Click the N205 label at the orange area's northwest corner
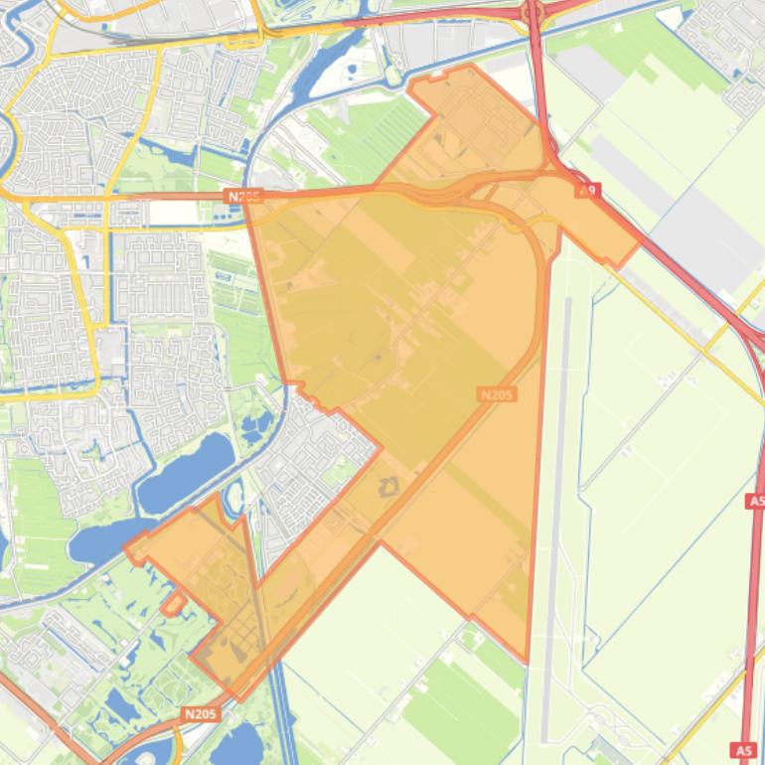(x=242, y=197)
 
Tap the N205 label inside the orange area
(x=497, y=394)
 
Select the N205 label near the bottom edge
(x=201, y=713)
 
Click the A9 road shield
(x=589, y=189)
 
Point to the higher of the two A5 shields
(x=755, y=502)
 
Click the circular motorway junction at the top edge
(x=532, y=11)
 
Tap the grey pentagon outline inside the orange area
(x=386, y=486)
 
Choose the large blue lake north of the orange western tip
(x=187, y=471)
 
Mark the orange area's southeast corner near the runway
(x=526, y=661)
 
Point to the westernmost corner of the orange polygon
(x=125, y=546)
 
